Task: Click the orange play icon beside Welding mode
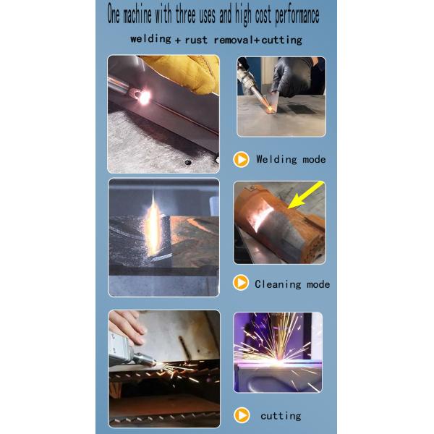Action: [x=242, y=159]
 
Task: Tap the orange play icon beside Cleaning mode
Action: [x=241, y=284]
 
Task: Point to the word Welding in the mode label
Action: [x=278, y=159]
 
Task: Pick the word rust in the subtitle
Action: [x=198, y=40]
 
